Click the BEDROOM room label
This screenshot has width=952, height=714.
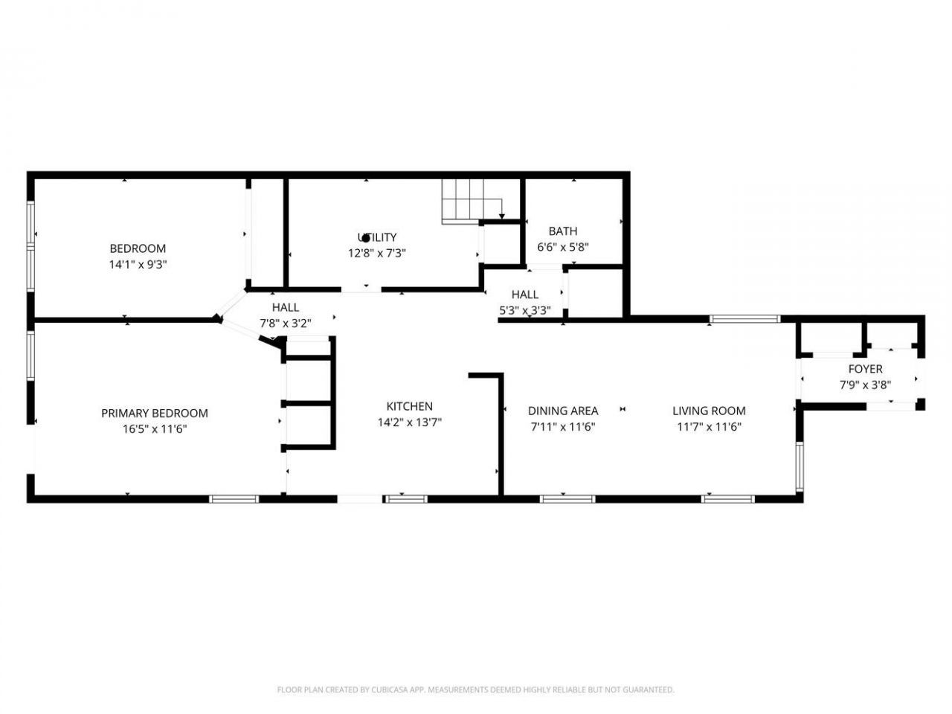[138, 248]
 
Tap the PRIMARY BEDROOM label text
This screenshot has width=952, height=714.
[155, 413]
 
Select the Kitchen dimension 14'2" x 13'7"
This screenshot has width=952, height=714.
[409, 422]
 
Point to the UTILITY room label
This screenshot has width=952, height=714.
[377, 237]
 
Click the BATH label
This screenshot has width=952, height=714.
[562, 231]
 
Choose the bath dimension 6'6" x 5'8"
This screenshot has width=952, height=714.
[562, 247]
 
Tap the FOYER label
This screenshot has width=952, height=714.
[865, 369]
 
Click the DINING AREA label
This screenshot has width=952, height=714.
[563, 411]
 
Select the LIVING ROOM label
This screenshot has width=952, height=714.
[709, 411]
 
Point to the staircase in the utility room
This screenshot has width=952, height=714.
[472, 201]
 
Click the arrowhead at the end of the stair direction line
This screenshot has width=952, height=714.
[502, 216]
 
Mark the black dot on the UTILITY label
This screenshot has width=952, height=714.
[366, 239]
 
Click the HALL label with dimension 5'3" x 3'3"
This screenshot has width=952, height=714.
[525, 295]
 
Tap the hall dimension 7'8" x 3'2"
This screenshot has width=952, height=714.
[286, 324]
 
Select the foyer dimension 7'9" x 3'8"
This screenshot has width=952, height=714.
[865, 385]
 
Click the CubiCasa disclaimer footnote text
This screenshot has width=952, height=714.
[476, 689]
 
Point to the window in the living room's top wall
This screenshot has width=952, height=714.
[744, 320]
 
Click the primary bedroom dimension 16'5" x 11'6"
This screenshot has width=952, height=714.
[155, 429]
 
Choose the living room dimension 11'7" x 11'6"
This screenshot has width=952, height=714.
[709, 427]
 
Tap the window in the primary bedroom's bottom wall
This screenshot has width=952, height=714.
[234, 499]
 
